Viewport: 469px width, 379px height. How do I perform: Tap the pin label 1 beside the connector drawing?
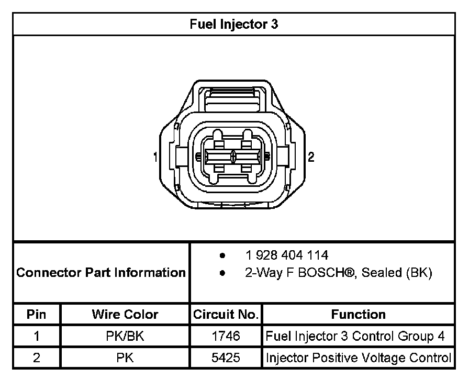155,157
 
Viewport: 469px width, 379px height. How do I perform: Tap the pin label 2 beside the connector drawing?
311,157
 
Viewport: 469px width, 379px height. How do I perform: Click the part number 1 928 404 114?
287,255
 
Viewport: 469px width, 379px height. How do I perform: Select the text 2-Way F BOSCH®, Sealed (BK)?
339,273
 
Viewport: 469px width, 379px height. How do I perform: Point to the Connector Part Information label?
101,273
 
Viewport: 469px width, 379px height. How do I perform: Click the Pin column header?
36,315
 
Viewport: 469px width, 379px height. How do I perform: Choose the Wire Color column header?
125,315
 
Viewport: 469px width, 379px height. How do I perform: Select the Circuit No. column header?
226,315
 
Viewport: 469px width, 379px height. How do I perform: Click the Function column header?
358,315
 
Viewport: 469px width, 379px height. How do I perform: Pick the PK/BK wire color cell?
125,337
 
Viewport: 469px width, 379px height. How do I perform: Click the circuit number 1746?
226,337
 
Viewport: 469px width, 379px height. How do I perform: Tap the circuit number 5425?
226,358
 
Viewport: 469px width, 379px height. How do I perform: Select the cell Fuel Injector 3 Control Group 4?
358,337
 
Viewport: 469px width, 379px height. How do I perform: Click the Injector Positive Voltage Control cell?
358,358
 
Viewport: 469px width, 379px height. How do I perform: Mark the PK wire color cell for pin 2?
125,358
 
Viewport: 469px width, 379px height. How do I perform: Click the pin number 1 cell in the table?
36,337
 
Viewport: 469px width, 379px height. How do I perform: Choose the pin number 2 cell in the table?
36,358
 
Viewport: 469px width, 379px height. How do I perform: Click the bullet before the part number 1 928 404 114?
223,256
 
